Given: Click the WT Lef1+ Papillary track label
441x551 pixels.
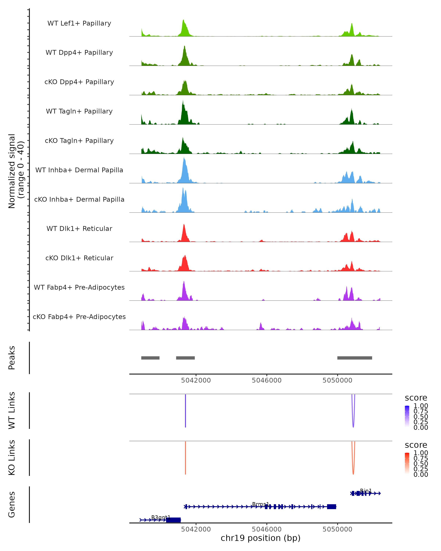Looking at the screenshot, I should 79,23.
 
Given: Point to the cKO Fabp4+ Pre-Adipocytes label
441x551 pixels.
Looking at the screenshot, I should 79,317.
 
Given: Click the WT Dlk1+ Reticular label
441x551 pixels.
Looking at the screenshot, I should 79,228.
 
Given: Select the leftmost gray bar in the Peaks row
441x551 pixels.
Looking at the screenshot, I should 150,358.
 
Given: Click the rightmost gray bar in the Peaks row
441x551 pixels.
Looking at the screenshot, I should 355,358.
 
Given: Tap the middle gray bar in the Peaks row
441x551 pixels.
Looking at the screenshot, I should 185,358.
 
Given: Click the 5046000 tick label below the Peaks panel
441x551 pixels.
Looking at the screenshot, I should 267,380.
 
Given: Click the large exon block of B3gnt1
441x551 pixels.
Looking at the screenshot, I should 173,520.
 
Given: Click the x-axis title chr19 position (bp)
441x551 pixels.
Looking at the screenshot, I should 261,538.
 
